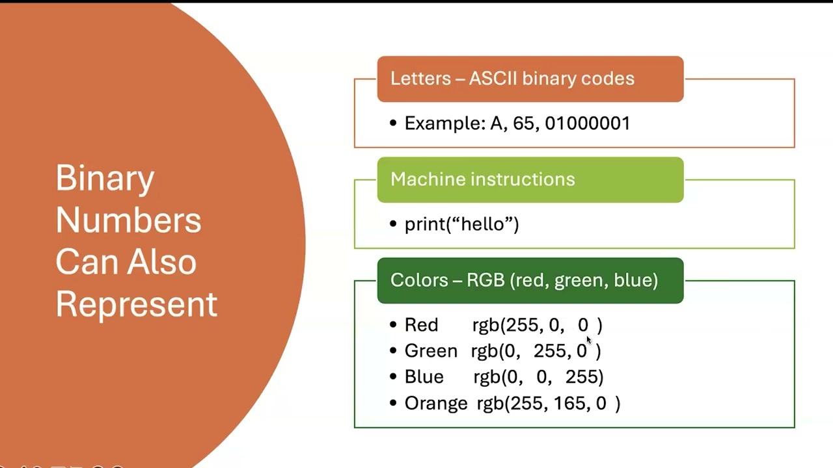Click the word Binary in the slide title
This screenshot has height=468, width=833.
105,178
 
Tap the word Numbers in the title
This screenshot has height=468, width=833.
128,220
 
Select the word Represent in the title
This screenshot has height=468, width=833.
136,304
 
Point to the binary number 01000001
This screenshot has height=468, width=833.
587,123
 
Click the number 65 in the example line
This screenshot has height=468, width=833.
523,123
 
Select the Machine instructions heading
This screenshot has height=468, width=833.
482,179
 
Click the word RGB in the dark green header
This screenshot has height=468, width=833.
485,280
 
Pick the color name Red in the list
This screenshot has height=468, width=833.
421,325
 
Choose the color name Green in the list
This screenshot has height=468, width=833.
431,351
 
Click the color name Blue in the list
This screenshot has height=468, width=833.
424,377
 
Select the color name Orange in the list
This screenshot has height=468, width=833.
436,403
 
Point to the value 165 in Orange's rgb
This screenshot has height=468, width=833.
569,403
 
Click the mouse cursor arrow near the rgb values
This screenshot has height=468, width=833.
589,340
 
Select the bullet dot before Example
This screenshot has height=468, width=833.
393,123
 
